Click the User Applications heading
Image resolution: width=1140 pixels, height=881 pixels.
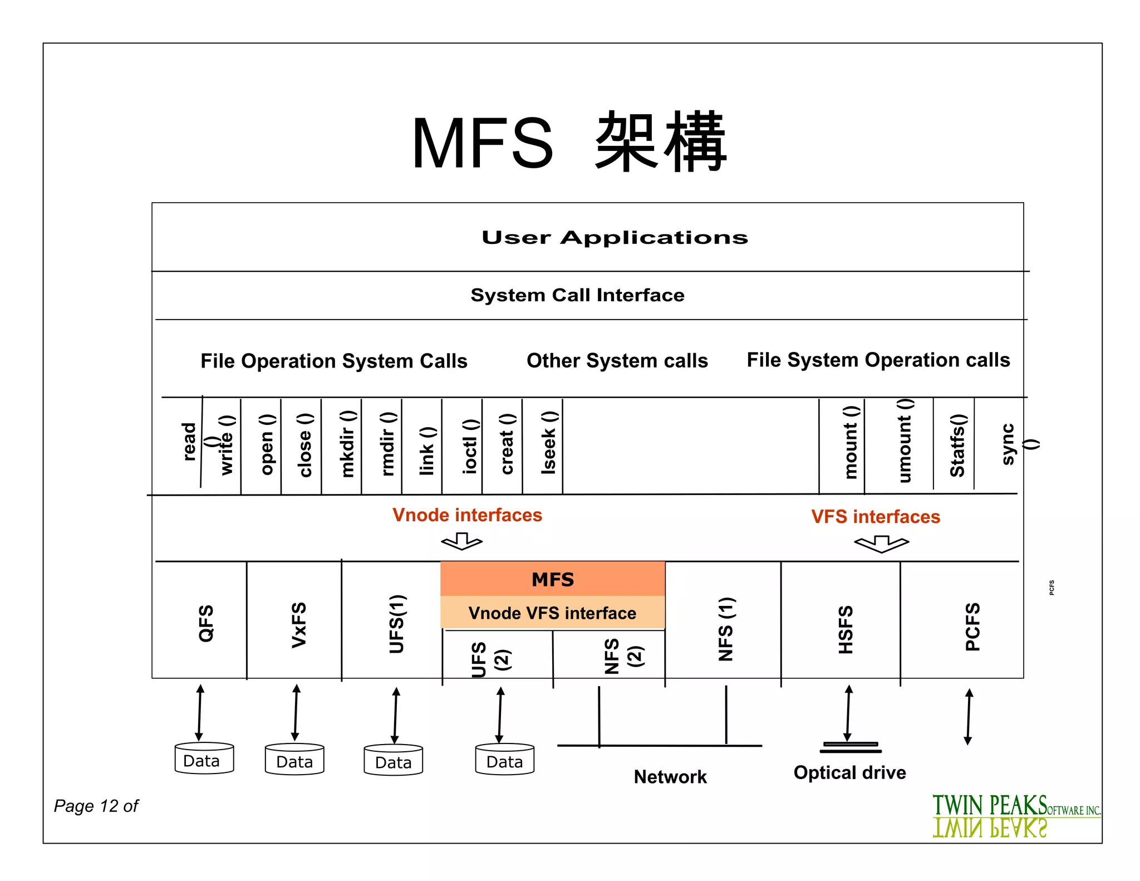(x=615, y=238)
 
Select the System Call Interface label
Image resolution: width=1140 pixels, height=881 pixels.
(x=577, y=295)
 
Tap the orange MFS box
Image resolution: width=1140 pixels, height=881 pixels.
(x=552, y=579)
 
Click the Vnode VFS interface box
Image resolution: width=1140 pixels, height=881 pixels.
(x=552, y=613)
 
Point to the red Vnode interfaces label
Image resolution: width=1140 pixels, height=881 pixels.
(x=467, y=515)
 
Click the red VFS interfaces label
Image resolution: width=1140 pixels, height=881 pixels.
(x=876, y=517)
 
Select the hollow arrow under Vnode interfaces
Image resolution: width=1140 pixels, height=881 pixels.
(x=461, y=541)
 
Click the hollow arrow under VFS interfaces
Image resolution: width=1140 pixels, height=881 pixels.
(x=881, y=544)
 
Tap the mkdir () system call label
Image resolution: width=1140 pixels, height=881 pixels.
(x=347, y=444)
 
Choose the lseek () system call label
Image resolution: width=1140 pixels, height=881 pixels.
(x=549, y=443)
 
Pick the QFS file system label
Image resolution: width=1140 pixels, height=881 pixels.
(x=206, y=623)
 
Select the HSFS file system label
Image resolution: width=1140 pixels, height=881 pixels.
(x=846, y=629)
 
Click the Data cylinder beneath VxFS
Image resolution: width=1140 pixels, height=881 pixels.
(x=294, y=760)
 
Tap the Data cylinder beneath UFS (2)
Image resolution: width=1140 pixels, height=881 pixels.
(x=504, y=760)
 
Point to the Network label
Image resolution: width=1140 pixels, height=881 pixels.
(x=670, y=777)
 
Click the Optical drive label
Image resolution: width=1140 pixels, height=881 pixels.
(x=849, y=773)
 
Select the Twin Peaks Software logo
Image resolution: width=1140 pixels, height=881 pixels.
(x=1015, y=816)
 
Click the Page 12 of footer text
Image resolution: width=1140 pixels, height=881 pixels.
(x=96, y=806)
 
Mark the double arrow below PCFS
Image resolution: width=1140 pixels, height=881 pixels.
(x=969, y=717)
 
